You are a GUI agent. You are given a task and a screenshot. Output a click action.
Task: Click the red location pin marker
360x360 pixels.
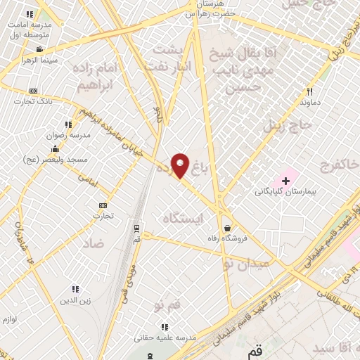[181, 166]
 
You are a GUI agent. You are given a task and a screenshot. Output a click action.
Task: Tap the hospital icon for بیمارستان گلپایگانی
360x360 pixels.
[285, 181]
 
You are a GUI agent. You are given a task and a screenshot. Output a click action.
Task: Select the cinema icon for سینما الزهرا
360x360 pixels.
[39, 49]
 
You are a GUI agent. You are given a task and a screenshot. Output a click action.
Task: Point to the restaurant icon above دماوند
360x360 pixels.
[309, 91]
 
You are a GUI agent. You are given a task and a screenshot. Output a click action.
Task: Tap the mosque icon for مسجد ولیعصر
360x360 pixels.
[55, 148]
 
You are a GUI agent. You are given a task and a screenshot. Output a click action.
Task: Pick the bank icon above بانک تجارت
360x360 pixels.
[33, 91]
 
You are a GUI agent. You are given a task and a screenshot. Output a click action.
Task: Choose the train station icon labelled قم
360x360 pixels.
[136, 228]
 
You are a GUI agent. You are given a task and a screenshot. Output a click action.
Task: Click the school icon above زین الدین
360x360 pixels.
[76, 289]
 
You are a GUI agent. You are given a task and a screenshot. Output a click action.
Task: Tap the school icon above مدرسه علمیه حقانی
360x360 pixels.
[165, 326]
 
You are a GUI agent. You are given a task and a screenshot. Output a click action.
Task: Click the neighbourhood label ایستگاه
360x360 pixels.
[181, 219]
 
